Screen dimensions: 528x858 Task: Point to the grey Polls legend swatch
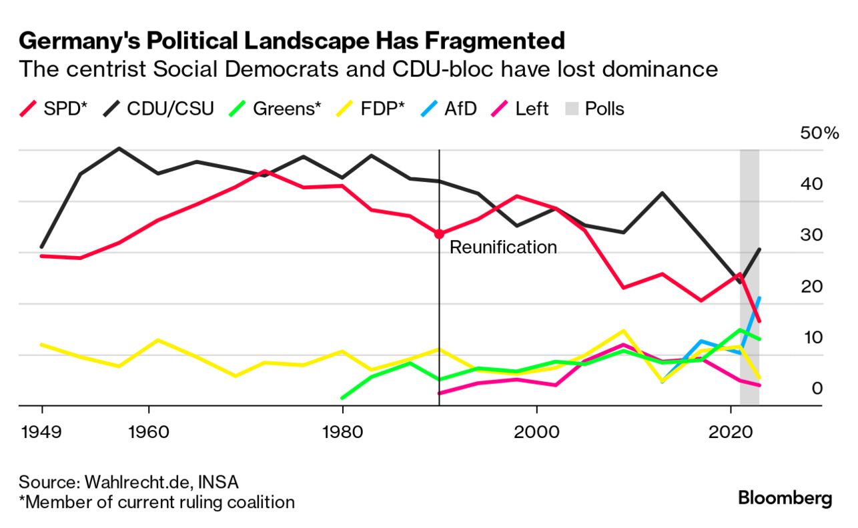click(571, 109)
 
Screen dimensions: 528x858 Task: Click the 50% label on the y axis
click(819, 133)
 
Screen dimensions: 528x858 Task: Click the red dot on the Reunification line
click(439, 234)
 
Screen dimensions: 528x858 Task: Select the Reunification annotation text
click(503, 247)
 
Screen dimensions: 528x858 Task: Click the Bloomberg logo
click(785, 498)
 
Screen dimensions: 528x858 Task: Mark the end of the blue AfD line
click(759, 298)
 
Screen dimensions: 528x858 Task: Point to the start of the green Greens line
click(342, 398)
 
